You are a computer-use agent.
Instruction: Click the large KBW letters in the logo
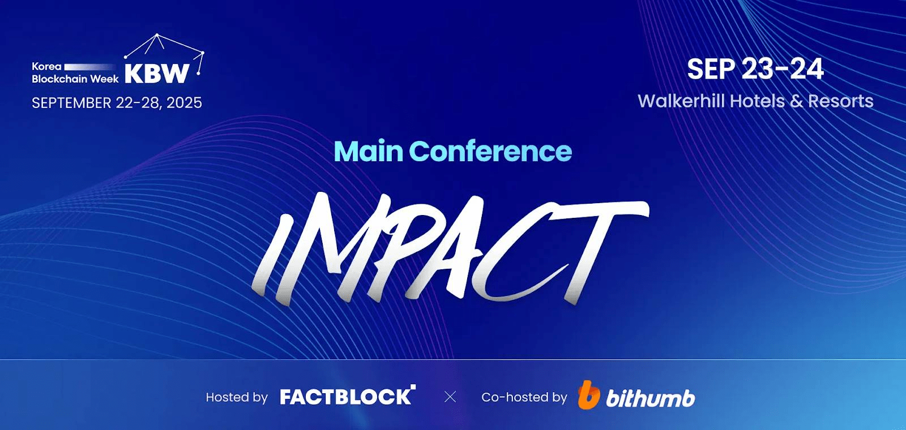[x=157, y=74]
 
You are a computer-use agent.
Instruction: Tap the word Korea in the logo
[x=46, y=66]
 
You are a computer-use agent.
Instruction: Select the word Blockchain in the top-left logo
[x=60, y=79]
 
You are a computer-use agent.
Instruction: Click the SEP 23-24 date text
[x=755, y=69]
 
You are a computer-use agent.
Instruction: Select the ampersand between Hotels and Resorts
[x=796, y=101]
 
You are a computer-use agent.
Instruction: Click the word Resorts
[x=840, y=101]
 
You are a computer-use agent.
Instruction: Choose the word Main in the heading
[x=368, y=152]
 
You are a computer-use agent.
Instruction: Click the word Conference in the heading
[x=490, y=152]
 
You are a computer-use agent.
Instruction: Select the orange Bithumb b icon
[x=588, y=395]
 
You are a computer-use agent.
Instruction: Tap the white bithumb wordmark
[x=650, y=398]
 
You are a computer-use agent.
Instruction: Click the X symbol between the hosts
[x=450, y=397]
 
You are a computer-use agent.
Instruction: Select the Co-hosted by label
[x=524, y=397]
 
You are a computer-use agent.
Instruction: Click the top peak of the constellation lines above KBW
[x=157, y=35]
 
